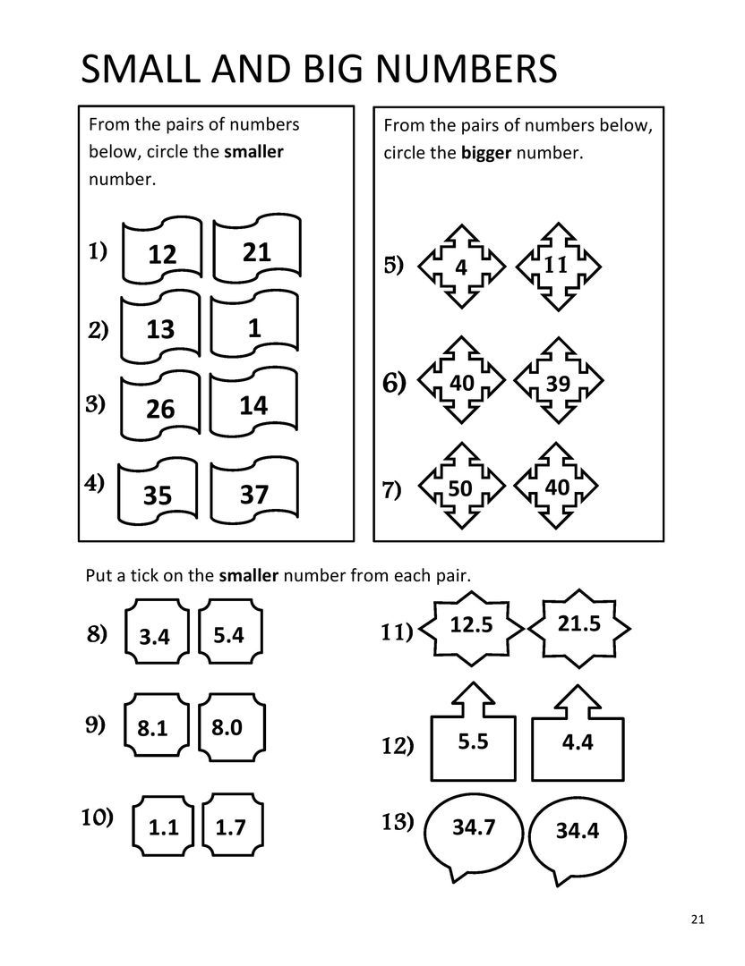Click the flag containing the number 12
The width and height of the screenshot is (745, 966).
point(162,254)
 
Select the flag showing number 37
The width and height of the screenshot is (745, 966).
point(254,493)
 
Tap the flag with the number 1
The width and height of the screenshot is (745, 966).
point(254,329)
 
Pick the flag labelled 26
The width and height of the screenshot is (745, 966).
point(160,409)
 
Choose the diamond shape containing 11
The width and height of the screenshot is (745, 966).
point(555,266)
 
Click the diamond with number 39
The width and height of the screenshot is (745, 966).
point(557,383)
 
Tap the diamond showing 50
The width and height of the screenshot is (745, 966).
point(460,487)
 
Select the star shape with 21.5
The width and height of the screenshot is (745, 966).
point(578,625)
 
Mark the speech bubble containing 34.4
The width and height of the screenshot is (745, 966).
point(577,832)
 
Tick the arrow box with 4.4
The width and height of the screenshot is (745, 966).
point(578,741)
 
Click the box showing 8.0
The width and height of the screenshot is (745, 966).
point(227,727)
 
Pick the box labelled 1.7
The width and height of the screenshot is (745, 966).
point(230,827)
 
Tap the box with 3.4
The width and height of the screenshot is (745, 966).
point(155,637)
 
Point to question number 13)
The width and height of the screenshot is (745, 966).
point(397,821)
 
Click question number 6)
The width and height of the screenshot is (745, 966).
point(394,384)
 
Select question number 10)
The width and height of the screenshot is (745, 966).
point(97,818)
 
